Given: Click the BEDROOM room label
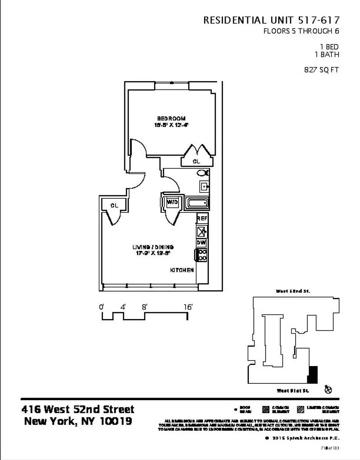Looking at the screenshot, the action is (x=171, y=118).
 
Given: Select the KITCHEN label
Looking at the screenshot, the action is (x=182, y=270).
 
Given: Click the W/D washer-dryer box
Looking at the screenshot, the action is (x=172, y=202).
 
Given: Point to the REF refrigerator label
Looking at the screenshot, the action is (x=202, y=218).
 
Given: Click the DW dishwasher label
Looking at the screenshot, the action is (x=201, y=242).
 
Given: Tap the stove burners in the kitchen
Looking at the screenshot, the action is (x=202, y=255).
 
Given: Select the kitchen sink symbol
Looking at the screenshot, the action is (x=201, y=231).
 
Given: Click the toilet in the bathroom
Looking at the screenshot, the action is (x=204, y=173).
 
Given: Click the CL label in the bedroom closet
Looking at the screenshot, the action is (x=196, y=162).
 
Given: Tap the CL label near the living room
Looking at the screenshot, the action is (x=114, y=206).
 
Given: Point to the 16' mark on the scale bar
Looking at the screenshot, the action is (x=188, y=307).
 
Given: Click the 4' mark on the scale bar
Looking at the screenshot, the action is (x=123, y=307).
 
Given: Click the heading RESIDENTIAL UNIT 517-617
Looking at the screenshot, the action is (x=271, y=20).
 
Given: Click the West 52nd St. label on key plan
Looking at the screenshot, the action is (x=293, y=291).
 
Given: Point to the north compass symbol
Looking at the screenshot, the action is (x=328, y=389).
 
